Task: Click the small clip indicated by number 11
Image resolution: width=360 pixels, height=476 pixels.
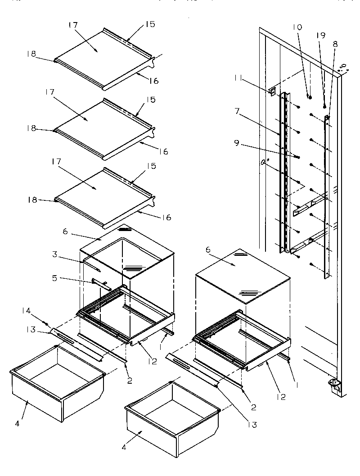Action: (x=272, y=91)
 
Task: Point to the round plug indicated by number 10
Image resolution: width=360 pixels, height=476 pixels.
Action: (x=309, y=96)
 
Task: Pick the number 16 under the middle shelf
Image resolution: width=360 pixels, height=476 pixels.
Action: (x=163, y=152)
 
